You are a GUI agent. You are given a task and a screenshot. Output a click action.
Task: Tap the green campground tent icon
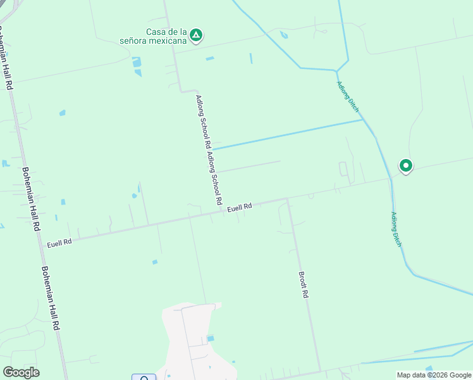[197, 35]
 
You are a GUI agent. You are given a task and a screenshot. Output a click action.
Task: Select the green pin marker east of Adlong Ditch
[405, 166]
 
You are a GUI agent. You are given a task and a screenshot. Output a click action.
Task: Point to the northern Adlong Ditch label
[348, 97]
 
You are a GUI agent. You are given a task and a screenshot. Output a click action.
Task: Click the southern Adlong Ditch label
[396, 229]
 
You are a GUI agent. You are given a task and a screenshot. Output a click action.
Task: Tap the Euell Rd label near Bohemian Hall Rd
[59, 242]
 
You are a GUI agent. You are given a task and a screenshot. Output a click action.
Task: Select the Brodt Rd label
[304, 285]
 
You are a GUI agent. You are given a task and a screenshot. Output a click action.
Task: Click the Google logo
[21, 372]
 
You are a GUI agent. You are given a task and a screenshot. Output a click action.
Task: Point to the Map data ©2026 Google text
[434, 375]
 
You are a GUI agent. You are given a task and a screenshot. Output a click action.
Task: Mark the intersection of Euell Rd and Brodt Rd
[288, 199]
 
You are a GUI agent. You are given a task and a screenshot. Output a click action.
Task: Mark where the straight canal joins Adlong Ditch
[364, 119]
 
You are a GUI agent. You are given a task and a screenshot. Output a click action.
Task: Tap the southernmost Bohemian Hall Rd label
[51, 296]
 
